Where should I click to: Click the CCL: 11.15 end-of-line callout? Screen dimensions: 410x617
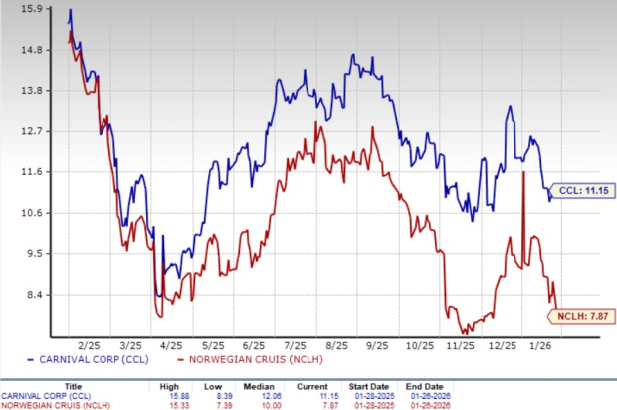click(578, 187)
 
